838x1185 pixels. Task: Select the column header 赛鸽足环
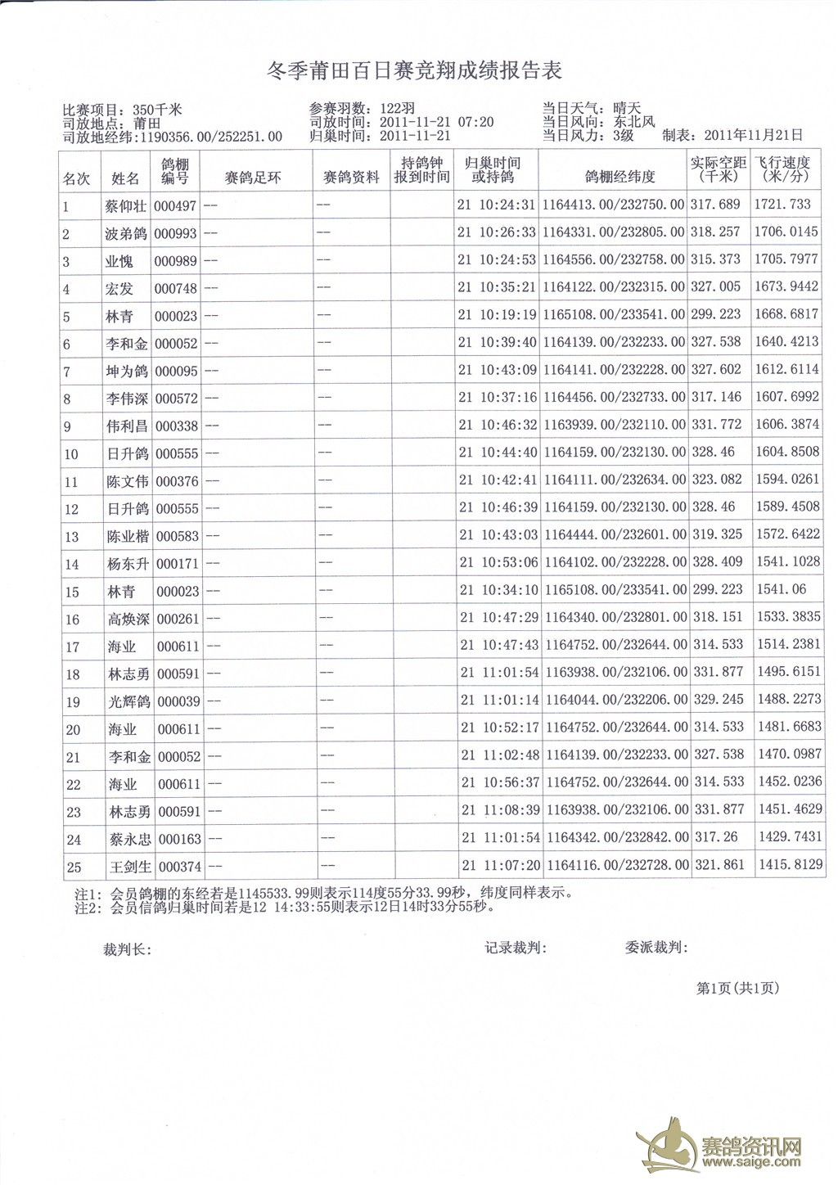tap(253, 177)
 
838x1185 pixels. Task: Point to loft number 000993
tap(175, 234)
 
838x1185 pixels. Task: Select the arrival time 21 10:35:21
tap(496, 287)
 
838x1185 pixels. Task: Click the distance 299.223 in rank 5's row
tap(716, 314)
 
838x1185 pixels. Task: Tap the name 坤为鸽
tap(126, 371)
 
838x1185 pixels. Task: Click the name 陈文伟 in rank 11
tap(127, 481)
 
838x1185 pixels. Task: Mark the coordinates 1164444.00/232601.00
tap(615, 534)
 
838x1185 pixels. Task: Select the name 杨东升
tap(128, 564)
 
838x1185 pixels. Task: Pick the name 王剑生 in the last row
tap(130, 866)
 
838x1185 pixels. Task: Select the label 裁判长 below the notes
tap(126, 950)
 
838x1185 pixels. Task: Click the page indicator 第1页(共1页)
tap(737, 988)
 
